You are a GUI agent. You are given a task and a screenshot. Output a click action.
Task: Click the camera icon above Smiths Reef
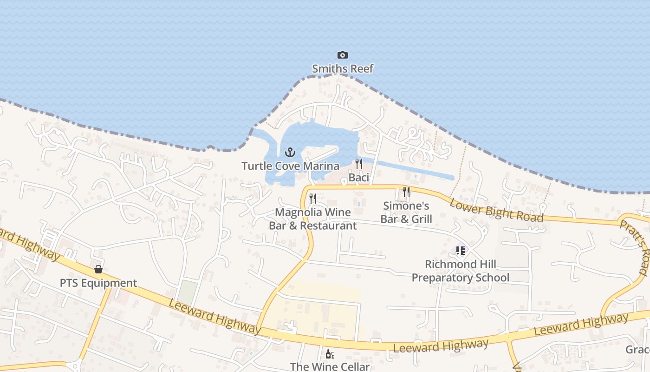coord(342,55)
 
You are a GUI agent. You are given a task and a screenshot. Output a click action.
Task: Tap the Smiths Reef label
coord(343,69)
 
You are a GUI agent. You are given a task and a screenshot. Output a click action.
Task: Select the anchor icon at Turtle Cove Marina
coord(290,152)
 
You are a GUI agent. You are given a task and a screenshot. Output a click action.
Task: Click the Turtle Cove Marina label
coord(290,166)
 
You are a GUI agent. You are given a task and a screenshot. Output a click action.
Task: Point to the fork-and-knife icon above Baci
coord(358,164)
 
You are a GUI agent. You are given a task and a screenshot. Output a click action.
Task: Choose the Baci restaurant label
coord(358,177)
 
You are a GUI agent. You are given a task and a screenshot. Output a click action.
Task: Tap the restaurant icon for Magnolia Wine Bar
coord(313,199)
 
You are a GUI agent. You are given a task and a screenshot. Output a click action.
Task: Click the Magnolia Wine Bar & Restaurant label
coord(313,219)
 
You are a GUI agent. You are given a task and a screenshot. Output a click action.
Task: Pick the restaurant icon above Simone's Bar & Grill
coord(406,192)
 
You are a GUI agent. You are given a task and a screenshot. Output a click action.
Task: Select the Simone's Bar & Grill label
coord(406,213)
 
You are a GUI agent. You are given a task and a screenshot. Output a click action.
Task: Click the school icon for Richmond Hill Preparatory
coord(460,251)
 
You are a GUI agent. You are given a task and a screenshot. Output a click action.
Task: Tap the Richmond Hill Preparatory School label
coord(460,271)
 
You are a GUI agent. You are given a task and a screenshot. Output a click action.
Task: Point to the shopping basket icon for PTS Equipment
coord(98,269)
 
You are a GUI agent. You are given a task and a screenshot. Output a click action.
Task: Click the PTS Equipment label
coord(98,283)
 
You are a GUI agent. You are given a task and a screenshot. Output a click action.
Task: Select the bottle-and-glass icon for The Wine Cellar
coord(330,354)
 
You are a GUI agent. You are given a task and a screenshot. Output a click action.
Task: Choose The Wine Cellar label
coord(330,366)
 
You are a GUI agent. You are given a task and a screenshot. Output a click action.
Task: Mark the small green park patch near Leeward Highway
coord(188,292)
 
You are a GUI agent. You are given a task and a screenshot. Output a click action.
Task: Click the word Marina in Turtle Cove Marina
coord(321,166)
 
